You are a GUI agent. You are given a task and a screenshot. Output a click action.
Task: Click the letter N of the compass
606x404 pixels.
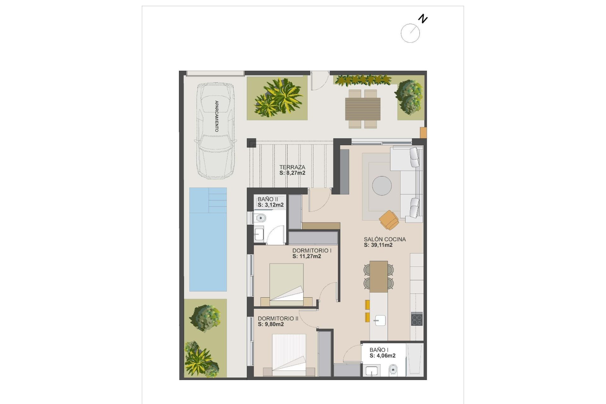coord(423,19)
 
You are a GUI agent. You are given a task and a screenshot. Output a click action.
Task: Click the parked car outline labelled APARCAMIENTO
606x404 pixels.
coord(216,131)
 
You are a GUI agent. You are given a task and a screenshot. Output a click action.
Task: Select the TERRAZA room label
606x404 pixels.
coord(292,167)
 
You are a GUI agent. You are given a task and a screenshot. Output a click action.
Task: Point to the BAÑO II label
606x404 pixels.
coord(268,199)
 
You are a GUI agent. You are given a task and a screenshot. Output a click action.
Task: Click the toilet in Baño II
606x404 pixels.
coord(260,218)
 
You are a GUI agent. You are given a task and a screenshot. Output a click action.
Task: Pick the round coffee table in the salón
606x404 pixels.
coord(382,186)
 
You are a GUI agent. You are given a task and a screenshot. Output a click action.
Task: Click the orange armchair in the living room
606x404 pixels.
coord(389,220)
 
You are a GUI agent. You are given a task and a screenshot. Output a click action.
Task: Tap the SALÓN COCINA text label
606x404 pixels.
coord(385,239)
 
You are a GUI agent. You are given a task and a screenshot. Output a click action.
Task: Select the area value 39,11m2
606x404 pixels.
coord(378,245)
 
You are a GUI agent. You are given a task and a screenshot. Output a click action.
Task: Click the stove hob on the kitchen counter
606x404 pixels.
coord(417,319)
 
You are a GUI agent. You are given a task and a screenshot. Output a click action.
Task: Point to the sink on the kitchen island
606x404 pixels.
coord(380,320)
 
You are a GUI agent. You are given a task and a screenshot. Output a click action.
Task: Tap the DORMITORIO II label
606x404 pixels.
coord(278,318)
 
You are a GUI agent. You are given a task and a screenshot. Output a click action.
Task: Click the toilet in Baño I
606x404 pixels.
coord(393,369)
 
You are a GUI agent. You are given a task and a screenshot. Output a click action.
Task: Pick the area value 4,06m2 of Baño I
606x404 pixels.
coord(383,356)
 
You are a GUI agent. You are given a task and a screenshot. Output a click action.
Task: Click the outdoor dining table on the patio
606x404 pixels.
coord(363,109)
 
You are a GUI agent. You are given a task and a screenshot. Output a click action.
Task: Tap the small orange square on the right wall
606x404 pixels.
coord(423,133)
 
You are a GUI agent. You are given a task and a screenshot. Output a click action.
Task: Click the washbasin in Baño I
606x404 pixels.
coord(371,371)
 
